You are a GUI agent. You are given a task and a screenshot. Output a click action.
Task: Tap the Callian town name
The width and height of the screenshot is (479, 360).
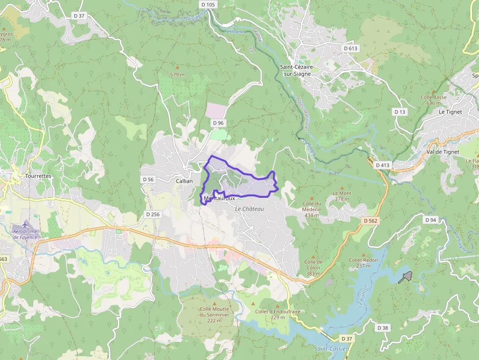pos(184,181)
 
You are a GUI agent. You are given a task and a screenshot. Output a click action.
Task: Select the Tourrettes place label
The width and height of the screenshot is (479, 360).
pos(38,176)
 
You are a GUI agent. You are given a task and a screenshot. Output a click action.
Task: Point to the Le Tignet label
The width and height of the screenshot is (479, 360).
pos(450,111)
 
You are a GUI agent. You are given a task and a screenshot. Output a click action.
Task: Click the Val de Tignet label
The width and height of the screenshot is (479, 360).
pos(442,151)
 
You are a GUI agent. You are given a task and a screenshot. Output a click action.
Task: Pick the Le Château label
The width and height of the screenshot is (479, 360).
pos(249,209)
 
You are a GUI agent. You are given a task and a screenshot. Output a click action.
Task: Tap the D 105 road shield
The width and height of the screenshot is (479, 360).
pos(208,4)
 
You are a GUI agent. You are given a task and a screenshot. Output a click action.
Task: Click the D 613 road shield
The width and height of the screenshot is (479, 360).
pos(350,48)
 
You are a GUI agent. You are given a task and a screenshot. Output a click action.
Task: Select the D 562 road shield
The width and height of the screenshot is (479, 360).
pos(370,221)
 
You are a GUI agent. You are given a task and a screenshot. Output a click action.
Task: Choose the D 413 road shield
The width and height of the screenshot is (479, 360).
pos(383,165)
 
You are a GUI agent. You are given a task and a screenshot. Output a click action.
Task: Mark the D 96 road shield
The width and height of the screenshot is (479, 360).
pos(218,123)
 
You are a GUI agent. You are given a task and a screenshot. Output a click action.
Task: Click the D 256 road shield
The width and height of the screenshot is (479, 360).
pos(152,214)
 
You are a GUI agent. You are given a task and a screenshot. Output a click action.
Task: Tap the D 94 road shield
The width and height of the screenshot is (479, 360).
pos(431,220)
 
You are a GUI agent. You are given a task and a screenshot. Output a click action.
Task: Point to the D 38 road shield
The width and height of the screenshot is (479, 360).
pos(383,328)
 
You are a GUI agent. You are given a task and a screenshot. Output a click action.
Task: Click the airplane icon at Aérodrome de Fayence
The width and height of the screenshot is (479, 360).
pos(25,225)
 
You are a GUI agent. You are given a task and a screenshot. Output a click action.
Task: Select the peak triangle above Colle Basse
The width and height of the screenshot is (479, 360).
pos(433,91)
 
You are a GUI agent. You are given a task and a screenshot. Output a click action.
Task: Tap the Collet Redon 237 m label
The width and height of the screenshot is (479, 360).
pos(363,263)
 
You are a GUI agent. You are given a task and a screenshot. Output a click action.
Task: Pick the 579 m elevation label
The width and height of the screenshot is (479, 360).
pos(177,74)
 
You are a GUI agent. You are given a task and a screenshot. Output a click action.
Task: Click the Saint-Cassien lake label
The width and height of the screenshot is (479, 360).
pos(331,349)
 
